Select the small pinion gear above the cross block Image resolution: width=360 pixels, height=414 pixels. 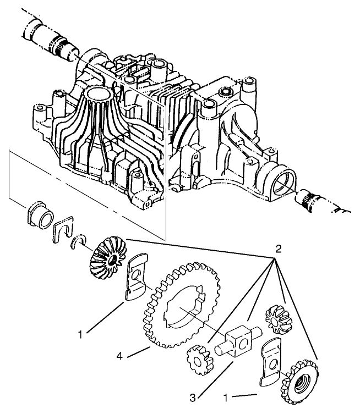(274, 318)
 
